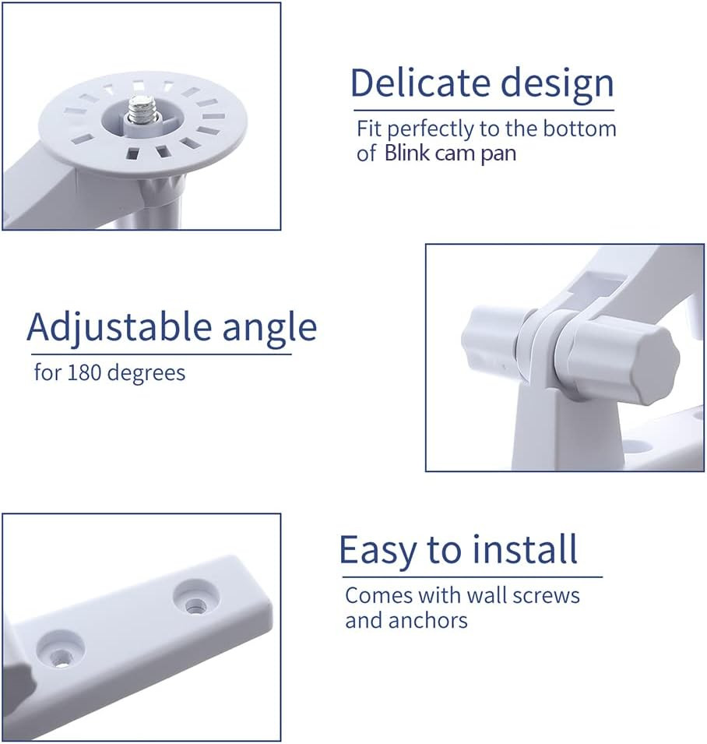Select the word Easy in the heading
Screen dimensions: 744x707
tap(375, 551)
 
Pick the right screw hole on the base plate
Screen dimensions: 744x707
tap(191, 600)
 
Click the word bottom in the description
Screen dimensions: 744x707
tap(579, 129)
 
